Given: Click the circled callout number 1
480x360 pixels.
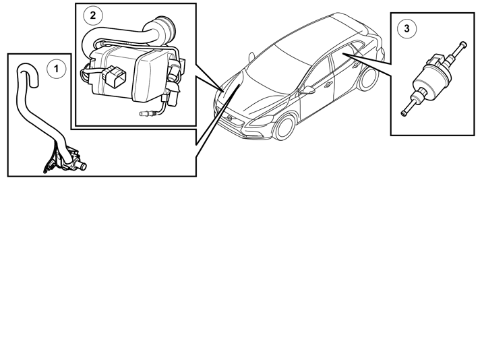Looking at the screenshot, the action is click(x=56, y=69).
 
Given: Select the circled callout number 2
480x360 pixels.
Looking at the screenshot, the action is click(x=93, y=16).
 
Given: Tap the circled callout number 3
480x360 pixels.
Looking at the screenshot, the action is click(x=407, y=28).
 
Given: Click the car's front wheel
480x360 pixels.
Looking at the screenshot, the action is click(x=285, y=127).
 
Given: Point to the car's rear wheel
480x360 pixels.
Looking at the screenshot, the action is click(x=367, y=79).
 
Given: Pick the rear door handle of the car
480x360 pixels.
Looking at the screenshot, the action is click(x=357, y=65).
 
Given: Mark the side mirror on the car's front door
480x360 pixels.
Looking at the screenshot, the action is click(x=307, y=90).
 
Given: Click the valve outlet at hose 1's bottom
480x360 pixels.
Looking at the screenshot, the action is click(x=82, y=167).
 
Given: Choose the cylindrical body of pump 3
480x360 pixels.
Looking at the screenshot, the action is click(x=427, y=80).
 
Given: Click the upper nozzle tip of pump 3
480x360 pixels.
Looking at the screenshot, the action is click(x=463, y=44).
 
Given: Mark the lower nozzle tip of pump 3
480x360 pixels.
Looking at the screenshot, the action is click(x=404, y=113).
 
